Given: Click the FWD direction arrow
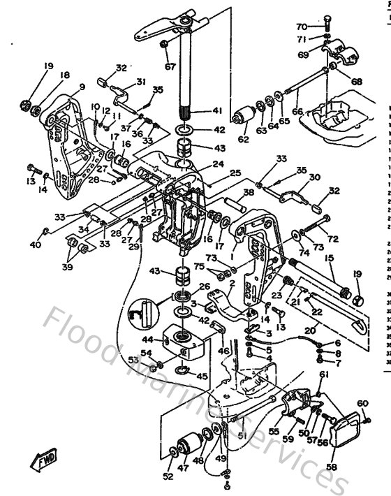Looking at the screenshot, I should [44, 462].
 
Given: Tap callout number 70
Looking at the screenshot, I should [301, 27].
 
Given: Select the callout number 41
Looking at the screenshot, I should [218, 110].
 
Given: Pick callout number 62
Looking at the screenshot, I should [243, 139].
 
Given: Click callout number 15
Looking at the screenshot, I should [327, 260].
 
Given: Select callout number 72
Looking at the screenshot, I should [332, 239].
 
